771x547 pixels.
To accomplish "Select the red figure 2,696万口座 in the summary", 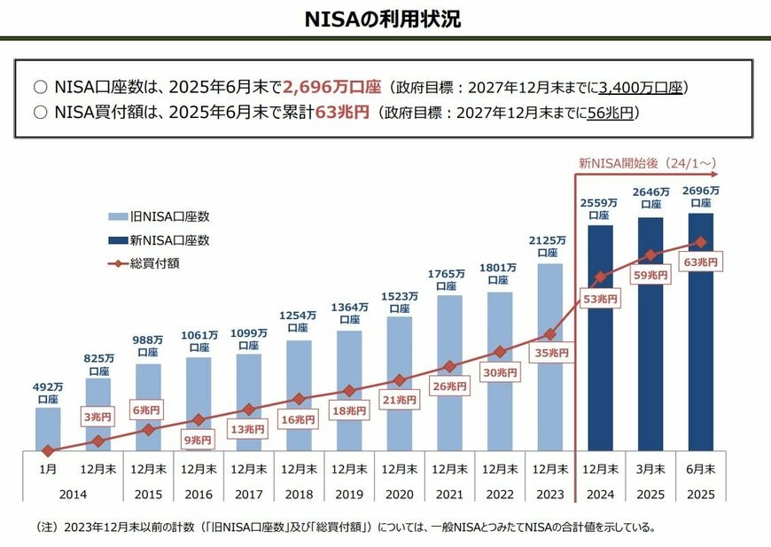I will pos(331,88).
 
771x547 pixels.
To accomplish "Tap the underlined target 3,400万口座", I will pos(641,88).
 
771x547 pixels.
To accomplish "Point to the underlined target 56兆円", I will pos(610,113).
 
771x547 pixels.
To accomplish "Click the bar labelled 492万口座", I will pos(48,429).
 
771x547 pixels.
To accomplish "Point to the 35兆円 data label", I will pos(550,352).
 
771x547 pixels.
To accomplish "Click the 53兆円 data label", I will pos(600,299).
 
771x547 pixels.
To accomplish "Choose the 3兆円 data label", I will pos(98,417).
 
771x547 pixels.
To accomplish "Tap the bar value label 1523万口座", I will pos(399,302).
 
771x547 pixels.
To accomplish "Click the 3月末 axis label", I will pos(650,467).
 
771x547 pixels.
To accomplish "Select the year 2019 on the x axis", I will pos(348,494).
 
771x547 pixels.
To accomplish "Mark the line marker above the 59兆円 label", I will pos(650,254).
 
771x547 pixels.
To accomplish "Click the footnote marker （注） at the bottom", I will pos(46,527).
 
